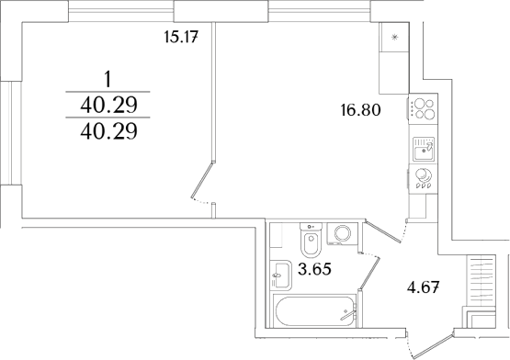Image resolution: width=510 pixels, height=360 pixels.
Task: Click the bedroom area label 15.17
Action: pos(181,38)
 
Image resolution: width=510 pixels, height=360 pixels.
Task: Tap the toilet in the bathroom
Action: pos(310,244)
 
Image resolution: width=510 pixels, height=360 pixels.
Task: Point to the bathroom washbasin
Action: pos(278,273)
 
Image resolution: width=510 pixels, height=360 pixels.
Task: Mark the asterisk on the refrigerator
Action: pos(396,37)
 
